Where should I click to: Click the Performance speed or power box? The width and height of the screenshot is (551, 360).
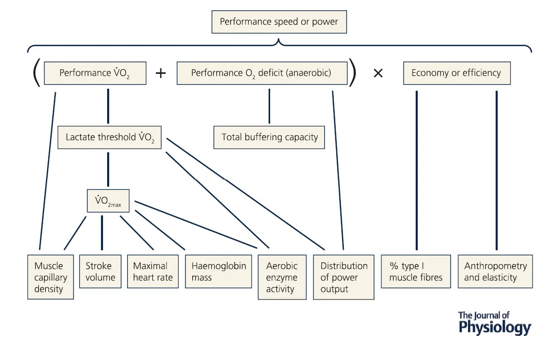tap(279, 22)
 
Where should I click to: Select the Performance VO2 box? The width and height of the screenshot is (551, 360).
tap(95, 73)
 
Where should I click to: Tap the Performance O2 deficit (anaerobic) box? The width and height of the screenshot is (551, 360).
tap(261, 73)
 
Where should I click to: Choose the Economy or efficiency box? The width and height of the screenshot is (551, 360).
tap(456, 73)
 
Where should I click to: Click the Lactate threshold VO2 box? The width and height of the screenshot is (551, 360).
tap(109, 137)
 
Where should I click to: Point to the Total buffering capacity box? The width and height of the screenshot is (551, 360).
tap(269, 137)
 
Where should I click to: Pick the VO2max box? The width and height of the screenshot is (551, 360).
tap(108, 201)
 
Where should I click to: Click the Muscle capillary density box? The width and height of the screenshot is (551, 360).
tap(50, 277)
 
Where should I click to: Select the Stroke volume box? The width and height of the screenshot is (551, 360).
tap(100, 271)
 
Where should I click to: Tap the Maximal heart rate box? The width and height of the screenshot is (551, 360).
tap(152, 271)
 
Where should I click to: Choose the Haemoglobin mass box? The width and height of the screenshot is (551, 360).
tap(218, 271)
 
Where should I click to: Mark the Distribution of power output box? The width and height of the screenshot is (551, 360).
tap(343, 277)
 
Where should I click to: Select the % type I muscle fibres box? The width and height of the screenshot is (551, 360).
tap(416, 271)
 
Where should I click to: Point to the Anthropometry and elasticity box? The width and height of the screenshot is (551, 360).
tap(495, 271)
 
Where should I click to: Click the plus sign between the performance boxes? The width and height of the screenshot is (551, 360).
tap(161, 73)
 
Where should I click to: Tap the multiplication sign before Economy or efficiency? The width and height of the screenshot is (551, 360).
tap(378, 73)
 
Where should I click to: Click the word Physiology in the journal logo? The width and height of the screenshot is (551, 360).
tap(495, 327)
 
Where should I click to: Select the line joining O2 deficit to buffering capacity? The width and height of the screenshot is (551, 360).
tap(269, 106)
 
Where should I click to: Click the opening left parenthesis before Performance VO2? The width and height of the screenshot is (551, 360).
tap(36, 73)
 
